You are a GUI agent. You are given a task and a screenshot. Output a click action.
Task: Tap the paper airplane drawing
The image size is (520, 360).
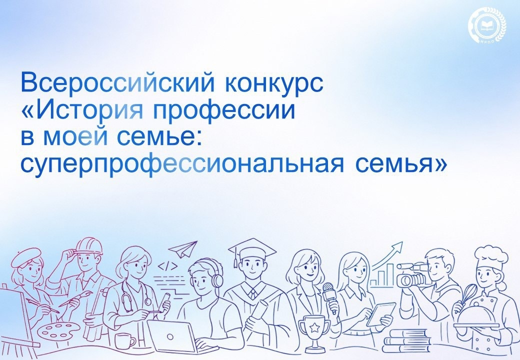coord(182,248)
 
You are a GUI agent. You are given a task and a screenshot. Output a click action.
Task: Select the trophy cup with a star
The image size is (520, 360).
coord(314,330)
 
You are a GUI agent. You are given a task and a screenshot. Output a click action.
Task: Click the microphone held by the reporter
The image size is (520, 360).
coord(329,290)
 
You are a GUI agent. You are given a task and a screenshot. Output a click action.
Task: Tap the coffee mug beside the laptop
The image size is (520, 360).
coord(124,340)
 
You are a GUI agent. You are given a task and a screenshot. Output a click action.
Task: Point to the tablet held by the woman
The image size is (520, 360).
coord(380,313)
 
